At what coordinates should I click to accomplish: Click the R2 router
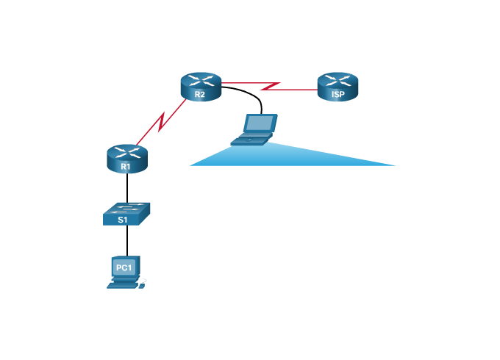201,87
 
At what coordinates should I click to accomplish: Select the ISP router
337,86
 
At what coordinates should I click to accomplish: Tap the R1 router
127,159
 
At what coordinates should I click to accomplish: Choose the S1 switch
126,214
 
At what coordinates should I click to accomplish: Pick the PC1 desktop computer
126,272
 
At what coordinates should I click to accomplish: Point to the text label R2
200,94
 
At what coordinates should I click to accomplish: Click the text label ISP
337,94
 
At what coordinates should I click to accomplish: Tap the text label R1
126,167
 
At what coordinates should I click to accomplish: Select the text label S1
123,219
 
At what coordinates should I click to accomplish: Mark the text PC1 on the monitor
124,267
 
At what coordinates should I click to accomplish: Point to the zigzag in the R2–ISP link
271,86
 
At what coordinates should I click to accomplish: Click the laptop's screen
260,123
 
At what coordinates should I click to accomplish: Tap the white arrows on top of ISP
337,79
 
